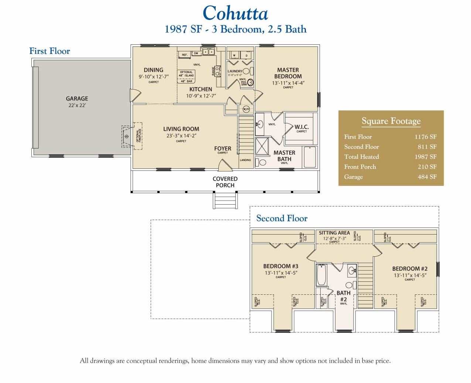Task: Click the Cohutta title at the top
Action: click(235, 14)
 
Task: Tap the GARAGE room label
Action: click(77, 99)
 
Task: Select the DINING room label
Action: click(153, 70)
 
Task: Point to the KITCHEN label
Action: click(201, 89)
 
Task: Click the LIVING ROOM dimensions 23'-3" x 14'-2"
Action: click(181, 136)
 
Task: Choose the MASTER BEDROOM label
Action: click(288, 73)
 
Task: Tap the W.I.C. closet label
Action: click(301, 127)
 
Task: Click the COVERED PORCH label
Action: click(225, 182)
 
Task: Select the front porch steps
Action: click(225, 201)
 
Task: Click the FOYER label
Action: click(222, 148)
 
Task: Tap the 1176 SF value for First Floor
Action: click(425, 137)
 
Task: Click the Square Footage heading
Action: click(391, 121)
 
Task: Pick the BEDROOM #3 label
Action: click(281, 266)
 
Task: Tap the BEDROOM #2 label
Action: click(410, 269)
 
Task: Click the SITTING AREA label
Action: click(334, 233)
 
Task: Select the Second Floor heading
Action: click(282, 218)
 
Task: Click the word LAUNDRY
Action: click(235, 71)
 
